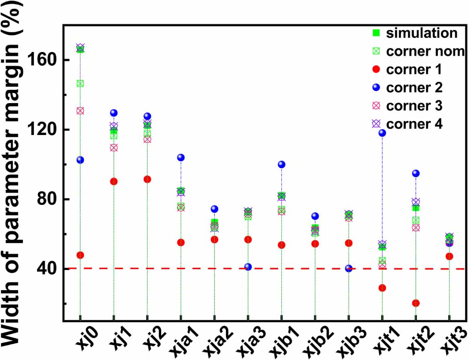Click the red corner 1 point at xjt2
tap(415, 303)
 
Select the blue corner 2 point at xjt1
tap(382, 133)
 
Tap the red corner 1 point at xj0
tap(80, 255)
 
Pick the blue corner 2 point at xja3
tap(248, 267)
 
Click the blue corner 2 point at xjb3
tap(349, 268)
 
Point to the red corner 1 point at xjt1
tap(382, 288)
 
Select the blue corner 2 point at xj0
tap(80, 160)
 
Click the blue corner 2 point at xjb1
tap(281, 164)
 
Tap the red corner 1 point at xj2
tap(147, 179)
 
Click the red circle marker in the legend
tap(376, 69)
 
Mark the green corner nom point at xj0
tap(80, 83)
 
